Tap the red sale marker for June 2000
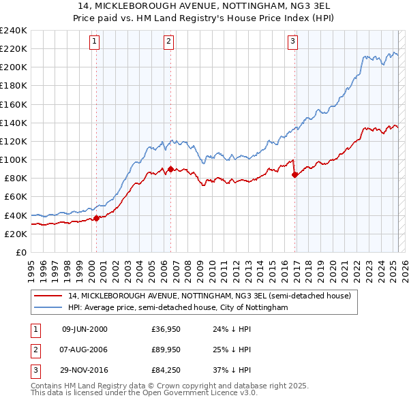[x=96, y=218]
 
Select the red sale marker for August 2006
[x=170, y=169]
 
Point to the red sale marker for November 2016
[x=294, y=174]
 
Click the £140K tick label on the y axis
[x=13, y=123]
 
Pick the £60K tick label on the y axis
[x=15, y=196]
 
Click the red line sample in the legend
[x=48, y=296]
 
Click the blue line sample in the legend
[x=48, y=308]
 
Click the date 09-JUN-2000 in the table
[x=85, y=330]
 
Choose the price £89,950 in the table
[x=161, y=350]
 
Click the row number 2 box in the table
[x=34, y=350]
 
